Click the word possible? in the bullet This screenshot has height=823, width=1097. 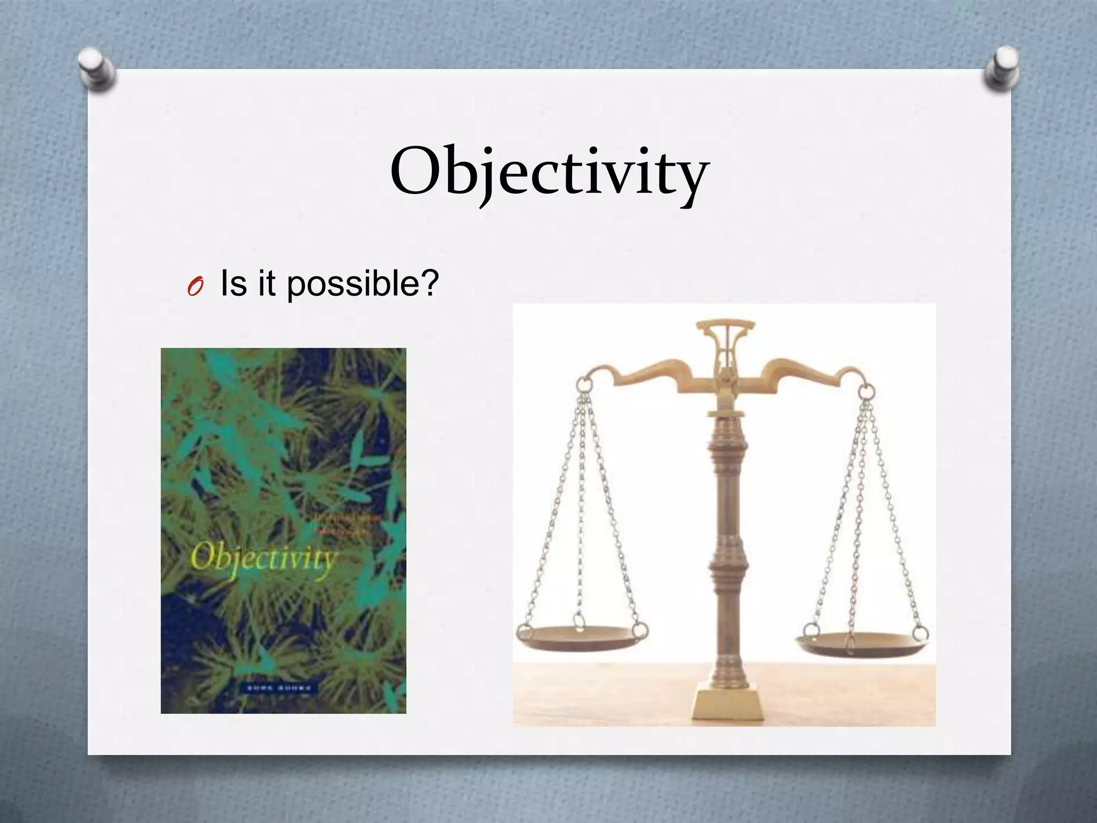(363, 283)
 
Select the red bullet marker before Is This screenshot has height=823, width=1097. (195, 289)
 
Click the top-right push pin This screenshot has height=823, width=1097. (1001, 69)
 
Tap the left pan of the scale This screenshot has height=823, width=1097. (582, 638)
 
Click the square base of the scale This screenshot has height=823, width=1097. (727, 704)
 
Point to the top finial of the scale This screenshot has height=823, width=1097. (726, 327)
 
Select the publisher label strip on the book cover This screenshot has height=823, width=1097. (279, 688)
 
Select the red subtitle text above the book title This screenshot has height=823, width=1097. (343, 523)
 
